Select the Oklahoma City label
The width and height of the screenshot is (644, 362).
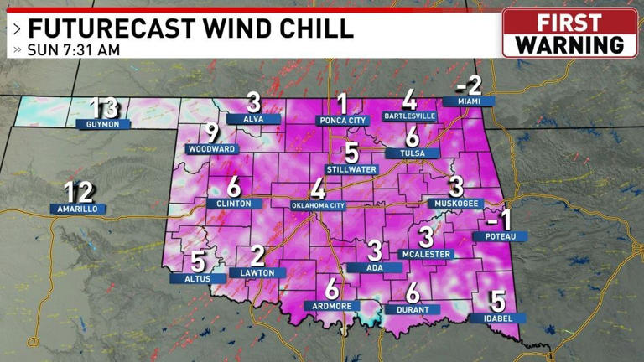tap(317, 204)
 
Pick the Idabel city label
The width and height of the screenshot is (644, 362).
tap(498, 318)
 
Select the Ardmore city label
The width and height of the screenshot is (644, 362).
tap(331, 305)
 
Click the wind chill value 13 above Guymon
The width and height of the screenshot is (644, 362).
tap(105, 108)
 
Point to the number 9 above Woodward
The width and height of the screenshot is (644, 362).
tap(212, 132)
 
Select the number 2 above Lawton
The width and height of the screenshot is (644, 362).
tap(257, 256)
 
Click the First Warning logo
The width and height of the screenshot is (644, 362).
tap(569, 33)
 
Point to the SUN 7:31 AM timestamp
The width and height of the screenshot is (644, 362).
tap(73, 49)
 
